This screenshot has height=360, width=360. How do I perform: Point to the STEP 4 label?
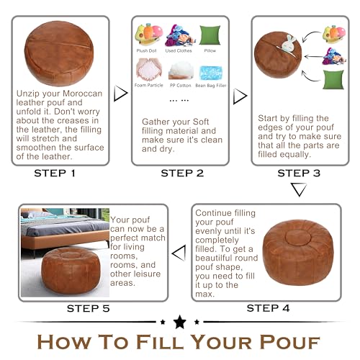269,308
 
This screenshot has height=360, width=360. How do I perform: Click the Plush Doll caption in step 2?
148,52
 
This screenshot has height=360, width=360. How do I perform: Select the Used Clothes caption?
178,52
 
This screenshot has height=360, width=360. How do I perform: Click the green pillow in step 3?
333,79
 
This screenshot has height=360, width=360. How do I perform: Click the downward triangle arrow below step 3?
298,190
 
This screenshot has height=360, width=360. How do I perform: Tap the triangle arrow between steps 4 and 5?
179,253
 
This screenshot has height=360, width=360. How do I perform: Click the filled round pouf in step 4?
298,251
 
